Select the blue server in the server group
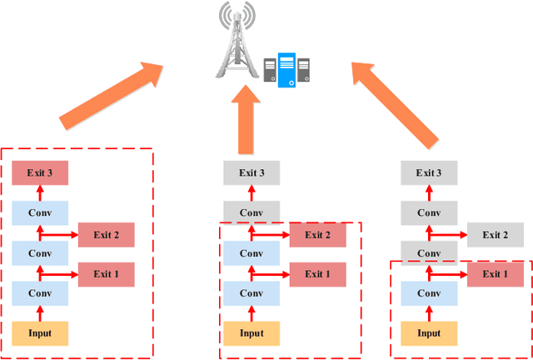286,70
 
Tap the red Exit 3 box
39,173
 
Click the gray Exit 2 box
495,235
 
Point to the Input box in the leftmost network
39,333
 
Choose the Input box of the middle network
251,333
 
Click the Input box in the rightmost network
429,333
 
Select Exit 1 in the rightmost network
495,274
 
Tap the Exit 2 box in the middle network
317,235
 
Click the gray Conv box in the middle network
251,212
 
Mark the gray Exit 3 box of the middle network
251,173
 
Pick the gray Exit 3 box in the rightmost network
429,173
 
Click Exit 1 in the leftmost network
106,274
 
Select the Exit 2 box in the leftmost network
106,236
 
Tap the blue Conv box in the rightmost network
429,293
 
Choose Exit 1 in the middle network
317,274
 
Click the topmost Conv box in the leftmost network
39,213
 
